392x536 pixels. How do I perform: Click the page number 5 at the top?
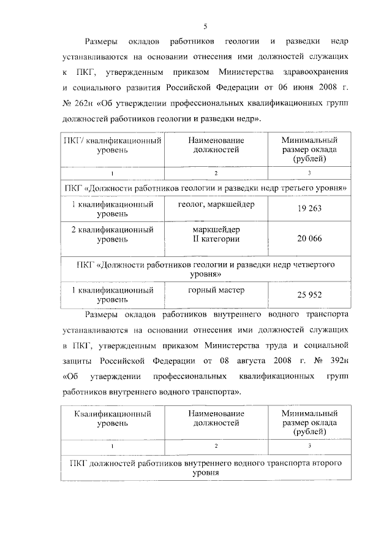[206, 26]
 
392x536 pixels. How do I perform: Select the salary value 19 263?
[310, 209]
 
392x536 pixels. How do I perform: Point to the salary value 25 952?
[310, 294]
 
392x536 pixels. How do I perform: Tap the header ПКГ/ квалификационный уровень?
[113, 145]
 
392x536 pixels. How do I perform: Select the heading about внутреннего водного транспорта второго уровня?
[206, 468]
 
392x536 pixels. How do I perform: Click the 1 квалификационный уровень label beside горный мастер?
[113, 294]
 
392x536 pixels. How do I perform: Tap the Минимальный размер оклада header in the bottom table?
[310, 423]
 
